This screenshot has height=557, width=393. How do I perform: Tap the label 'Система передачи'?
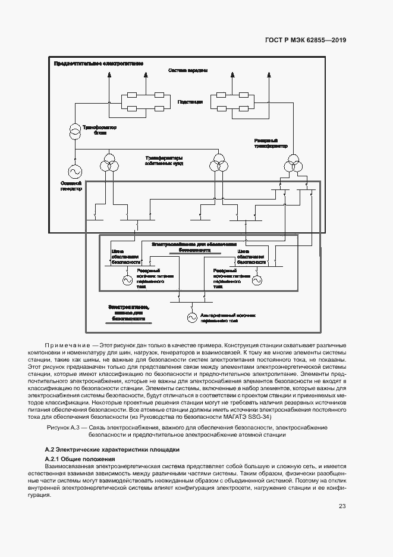click(x=188, y=71)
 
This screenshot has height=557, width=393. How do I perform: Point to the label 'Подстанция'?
click(x=190, y=102)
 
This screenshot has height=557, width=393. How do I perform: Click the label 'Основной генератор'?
click(x=71, y=186)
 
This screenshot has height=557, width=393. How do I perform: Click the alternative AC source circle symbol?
click(x=192, y=318)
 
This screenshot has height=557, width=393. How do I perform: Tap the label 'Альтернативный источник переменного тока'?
click(x=228, y=318)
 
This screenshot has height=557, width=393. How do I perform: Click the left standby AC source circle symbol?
click(x=127, y=279)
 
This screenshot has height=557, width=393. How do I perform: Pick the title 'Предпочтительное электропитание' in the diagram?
click(x=99, y=63)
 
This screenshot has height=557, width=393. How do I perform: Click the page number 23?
click(x=342, y=506)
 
